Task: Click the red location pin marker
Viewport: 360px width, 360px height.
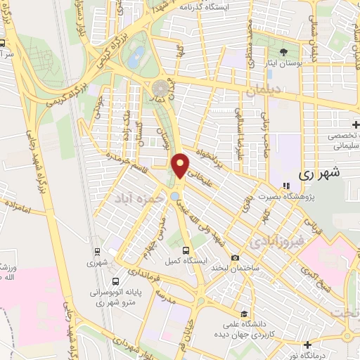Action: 181,165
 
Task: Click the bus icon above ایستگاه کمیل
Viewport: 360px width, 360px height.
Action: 186,250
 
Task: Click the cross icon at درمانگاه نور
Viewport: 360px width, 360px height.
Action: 308,345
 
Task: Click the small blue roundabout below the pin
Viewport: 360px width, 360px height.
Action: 174,196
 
